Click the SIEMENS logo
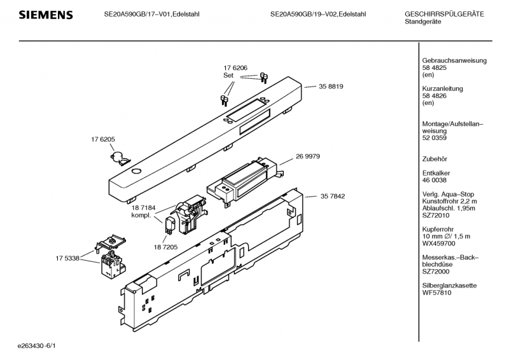point(45,15)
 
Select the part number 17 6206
point(235,67)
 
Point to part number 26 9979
point(307,156)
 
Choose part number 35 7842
point(333,197)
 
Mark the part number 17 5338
point(68,258)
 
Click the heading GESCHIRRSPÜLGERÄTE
point(443,14)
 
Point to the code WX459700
point(439,244)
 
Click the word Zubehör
point(436,158)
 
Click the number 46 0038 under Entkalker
point(435,180)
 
